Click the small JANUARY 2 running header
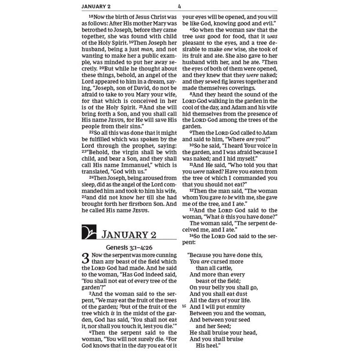[96, 6]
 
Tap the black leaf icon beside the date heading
[89, 232]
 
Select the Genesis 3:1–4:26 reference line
[129, 248]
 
